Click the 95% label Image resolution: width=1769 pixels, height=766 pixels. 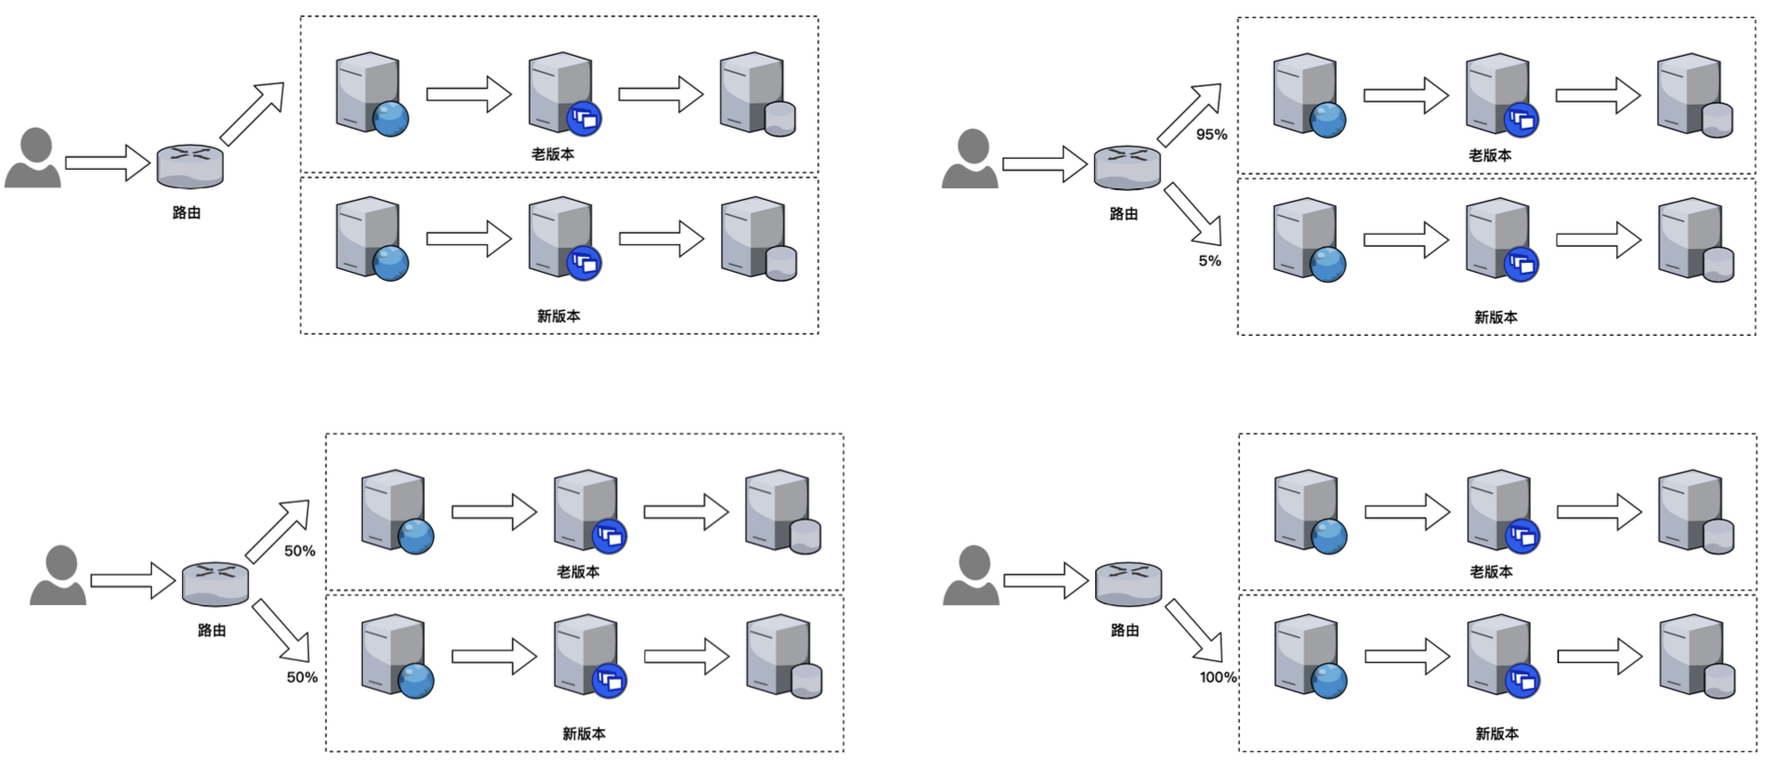tap(1211, 134)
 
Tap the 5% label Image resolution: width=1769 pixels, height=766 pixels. tap(1209, 260)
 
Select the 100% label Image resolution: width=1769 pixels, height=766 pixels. tap(1217, 677)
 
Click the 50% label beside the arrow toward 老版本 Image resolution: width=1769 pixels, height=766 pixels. tap(300, 551)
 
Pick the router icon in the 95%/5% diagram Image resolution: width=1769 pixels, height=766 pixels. tap(1126, 167)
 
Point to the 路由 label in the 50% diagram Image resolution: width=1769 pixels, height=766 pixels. tap(212, 630)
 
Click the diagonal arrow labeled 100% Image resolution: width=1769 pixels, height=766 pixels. tap(1194, 630)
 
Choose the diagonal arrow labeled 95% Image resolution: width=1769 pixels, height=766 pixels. tap(1189, 114)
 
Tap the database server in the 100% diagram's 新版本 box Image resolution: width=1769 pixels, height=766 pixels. tap(1696, 658)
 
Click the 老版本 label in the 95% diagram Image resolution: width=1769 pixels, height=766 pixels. tap(1490, 155)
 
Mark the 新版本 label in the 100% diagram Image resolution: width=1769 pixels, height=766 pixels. tap(1497, 733)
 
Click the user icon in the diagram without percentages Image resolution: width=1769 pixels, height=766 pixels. tap(33, 158)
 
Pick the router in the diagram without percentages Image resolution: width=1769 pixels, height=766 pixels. tap(189, 166)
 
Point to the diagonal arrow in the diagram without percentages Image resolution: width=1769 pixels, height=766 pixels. tap(252, 113)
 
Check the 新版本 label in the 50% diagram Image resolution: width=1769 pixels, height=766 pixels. tap(583, 733)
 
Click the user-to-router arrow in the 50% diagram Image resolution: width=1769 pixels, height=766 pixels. tap(132, 581)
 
